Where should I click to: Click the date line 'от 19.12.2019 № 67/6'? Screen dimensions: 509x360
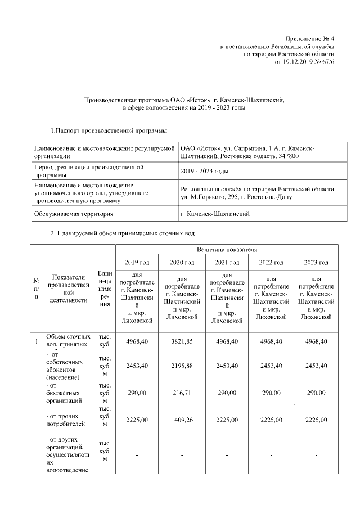(x=304, y=62)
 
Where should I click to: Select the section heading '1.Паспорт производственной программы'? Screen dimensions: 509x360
(x=109, y=131)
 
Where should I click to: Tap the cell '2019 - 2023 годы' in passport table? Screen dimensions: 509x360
(x=204, y=171)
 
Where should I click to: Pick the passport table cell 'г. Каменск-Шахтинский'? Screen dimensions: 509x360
(x=215, y=214)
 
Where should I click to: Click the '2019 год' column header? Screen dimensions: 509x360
(x=137, y=263)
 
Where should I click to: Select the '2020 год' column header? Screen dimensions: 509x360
(x=182, y=263)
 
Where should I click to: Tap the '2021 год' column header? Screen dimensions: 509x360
(x=227, y=263)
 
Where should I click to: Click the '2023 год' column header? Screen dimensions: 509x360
(x=316, y=263)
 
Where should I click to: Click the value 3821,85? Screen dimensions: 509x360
(x=182, y=341)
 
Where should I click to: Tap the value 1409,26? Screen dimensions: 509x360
(x=182, y=419)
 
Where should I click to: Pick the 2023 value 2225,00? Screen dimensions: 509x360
(x=316, y=419)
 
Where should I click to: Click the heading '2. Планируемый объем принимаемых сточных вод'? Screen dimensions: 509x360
(x=123, y=233)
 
